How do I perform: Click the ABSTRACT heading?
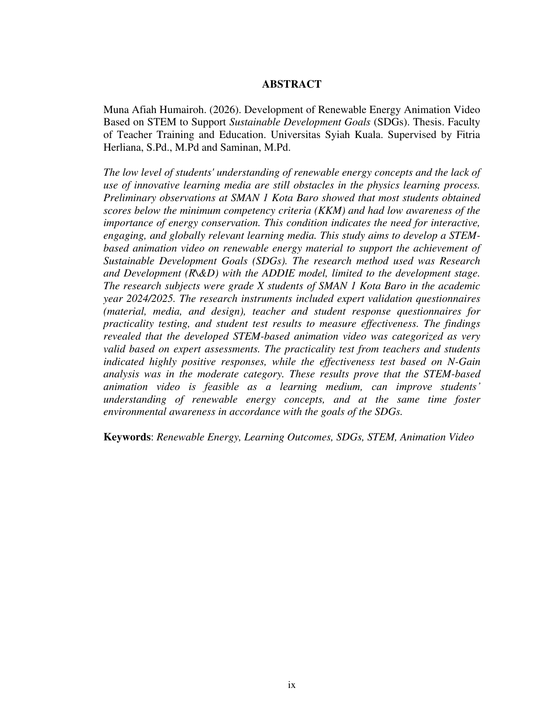(x=291, y=85)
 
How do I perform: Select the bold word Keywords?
(x=126, y=437)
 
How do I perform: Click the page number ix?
(x=291, y=685)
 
